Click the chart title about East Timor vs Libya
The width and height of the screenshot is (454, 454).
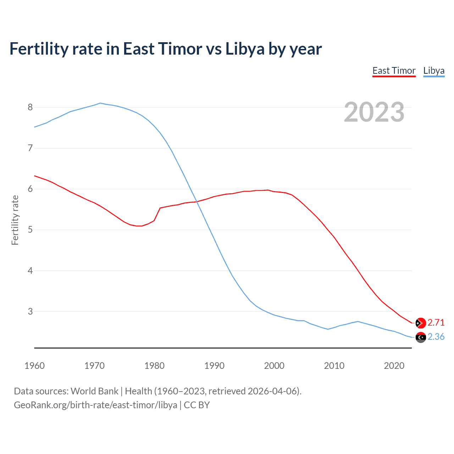(165, 49)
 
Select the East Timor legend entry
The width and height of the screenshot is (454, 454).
(394, 71)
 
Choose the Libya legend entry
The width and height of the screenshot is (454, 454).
(434, 71)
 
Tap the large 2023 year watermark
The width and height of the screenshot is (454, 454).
(374, 112)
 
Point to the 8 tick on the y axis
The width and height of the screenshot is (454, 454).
(30, 107)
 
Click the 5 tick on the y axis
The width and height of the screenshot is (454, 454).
(30, 230)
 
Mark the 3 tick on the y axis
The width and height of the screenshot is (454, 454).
(30, 311)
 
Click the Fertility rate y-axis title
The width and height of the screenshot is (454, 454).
(15, 220)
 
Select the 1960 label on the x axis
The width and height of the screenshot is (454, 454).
(34, 366)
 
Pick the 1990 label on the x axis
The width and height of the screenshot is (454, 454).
(214, 366)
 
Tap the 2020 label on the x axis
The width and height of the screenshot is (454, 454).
(394, 366)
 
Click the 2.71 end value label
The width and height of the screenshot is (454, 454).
(436, 322)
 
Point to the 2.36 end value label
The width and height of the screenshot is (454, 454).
(436, 337)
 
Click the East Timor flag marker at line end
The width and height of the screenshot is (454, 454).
(421, 323)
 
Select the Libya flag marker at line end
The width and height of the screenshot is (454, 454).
(421, 337)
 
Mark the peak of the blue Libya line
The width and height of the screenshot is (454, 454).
(100, 103)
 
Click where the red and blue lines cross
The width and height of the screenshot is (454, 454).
(197, 202)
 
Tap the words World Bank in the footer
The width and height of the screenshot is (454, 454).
(94, 391)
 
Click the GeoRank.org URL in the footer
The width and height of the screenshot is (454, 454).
(95, 405)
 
